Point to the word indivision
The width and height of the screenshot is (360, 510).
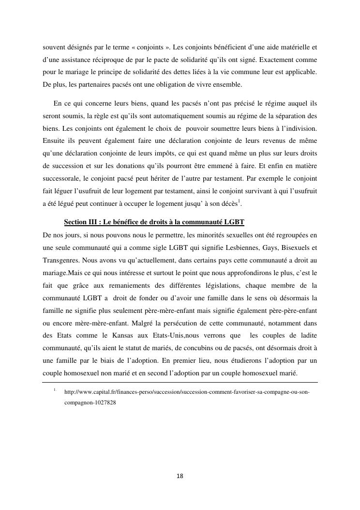click(x=300, y=128)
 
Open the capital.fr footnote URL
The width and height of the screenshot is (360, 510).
click(x=187, y=392)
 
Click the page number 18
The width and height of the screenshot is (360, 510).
click(x=180, y=476)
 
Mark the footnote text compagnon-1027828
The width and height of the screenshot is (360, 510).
click(x=90, y=402)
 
